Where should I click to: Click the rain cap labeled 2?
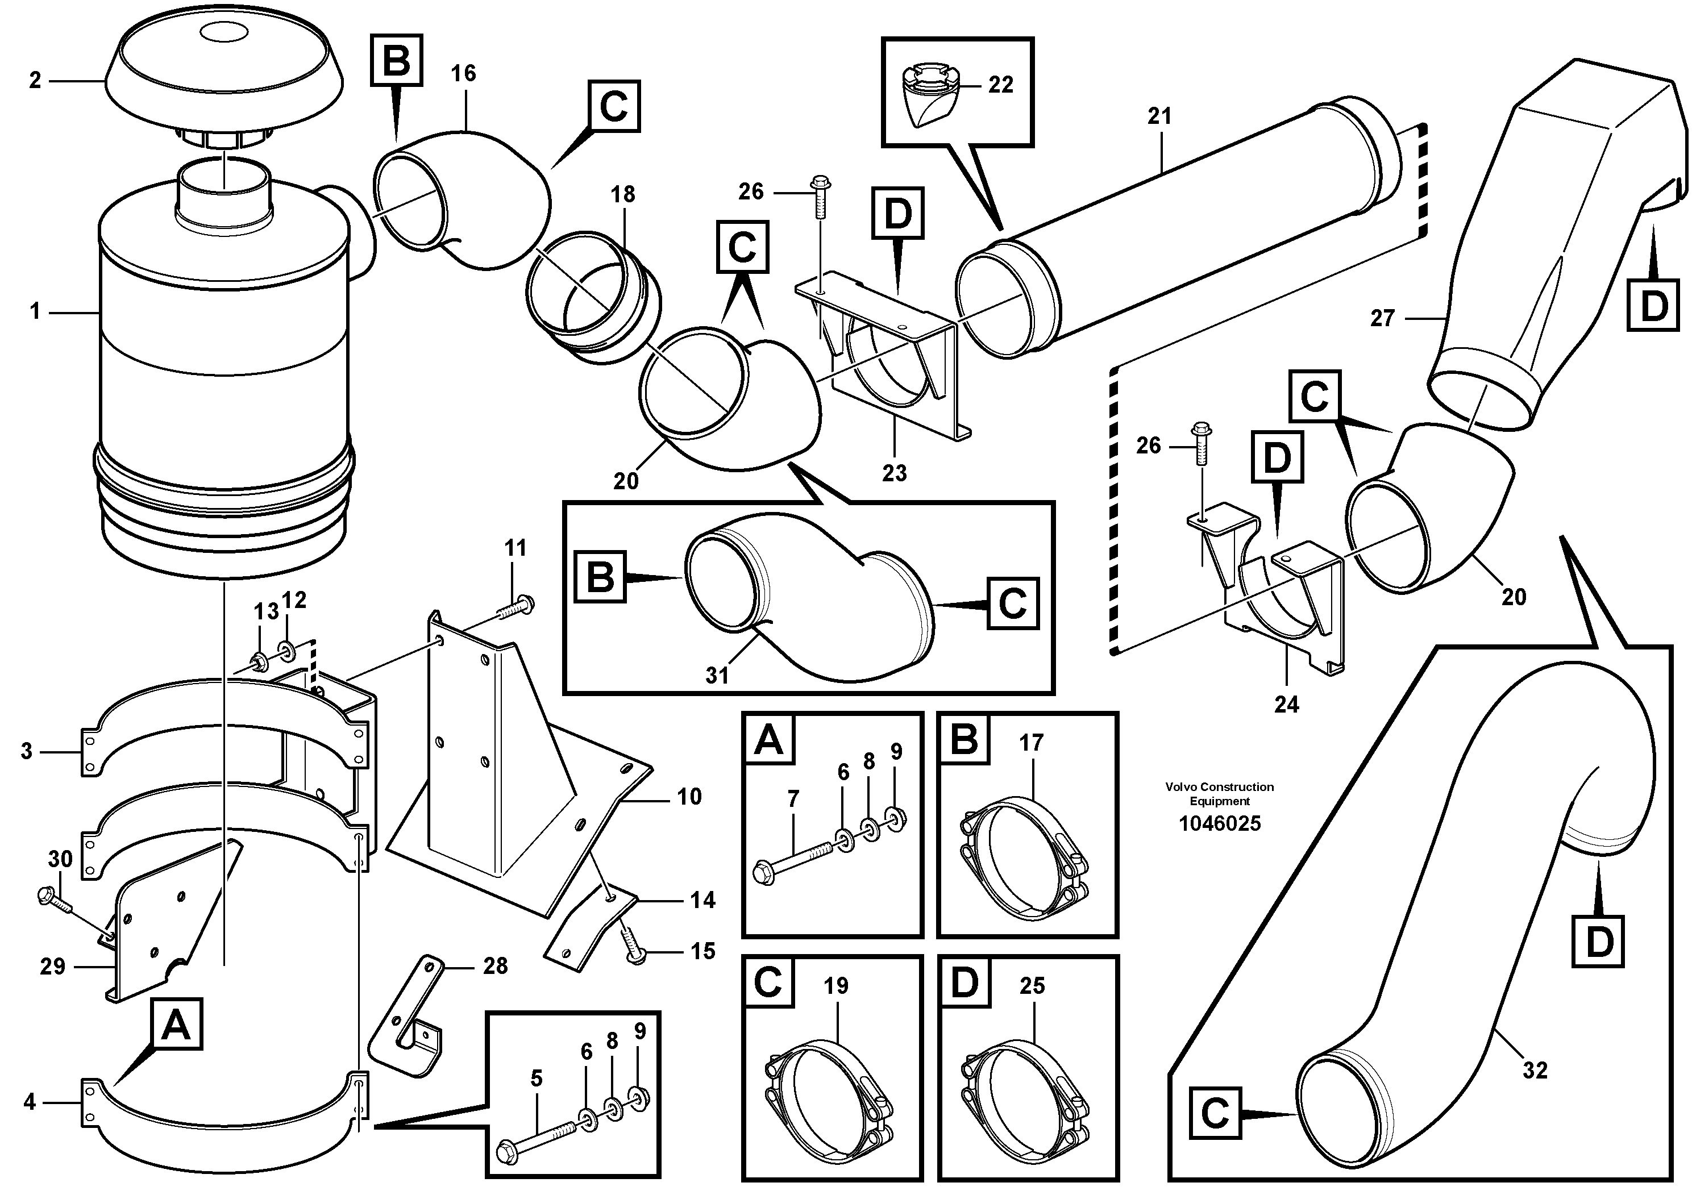(223, 81)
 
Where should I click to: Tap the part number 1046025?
(1219, 823)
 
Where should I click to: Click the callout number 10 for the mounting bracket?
(689, 797)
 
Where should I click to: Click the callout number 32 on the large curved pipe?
(1535, 1070)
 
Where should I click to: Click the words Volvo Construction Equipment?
(1219, 793)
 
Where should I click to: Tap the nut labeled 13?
(259, 661)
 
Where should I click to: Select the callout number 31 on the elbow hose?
(716, 675)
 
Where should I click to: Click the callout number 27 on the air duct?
(1382, 318)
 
